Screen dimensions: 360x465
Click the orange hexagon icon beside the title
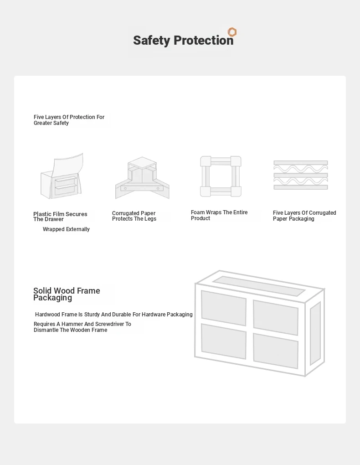click(x=232, y=32)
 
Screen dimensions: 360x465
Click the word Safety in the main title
click(x=152, y=41)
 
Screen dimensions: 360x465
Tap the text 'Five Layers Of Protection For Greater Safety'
click(x=69, y=120)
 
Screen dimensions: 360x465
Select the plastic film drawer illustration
click(x=62, y=176)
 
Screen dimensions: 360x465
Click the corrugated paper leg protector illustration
click(x=142, y=178)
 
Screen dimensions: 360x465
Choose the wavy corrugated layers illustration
click(x=301, y=175)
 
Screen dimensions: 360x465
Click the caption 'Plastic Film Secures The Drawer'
click(x=60, y=217)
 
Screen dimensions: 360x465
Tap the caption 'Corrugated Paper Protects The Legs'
click(x=134, y=216)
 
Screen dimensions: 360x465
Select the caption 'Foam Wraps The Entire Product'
click(x=219, y=215)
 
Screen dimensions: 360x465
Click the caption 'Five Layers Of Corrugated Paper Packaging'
click(x=304, y=216)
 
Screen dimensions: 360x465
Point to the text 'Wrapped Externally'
click(x=66, y=229)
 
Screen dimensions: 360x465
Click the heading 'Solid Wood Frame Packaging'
click(x=67, y=294)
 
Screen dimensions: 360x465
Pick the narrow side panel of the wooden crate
click(x=315, y=334)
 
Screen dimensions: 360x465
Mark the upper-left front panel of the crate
click(x=224, y=308)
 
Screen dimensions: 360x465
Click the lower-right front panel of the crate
click(x=276, y=351)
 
